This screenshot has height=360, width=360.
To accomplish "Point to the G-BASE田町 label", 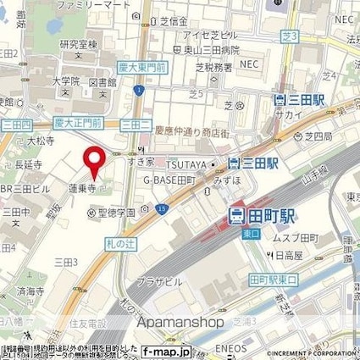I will coord(169,180).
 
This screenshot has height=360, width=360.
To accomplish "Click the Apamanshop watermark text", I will coord(179,322).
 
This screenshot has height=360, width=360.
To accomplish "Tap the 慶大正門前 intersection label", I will coord(78,124).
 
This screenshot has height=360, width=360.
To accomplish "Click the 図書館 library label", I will coord(100,83).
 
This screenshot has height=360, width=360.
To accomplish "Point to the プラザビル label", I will coord(160,280).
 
